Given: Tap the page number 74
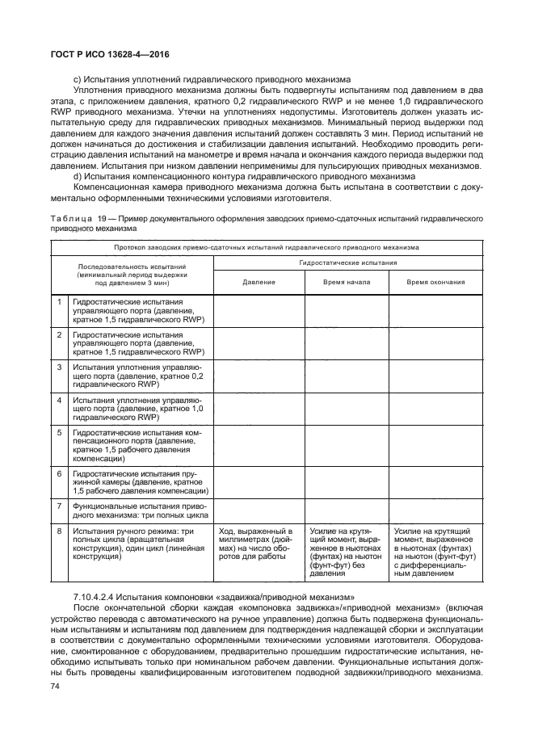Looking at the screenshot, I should tap(56, 686).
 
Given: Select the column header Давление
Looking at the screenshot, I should tap(259, 282).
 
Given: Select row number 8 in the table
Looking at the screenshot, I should tap(59, 531).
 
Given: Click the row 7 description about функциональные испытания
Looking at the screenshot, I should tap(141, 510).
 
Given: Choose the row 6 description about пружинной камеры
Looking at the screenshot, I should tap(141, 481).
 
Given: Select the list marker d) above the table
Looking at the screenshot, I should tap(78, 176).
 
